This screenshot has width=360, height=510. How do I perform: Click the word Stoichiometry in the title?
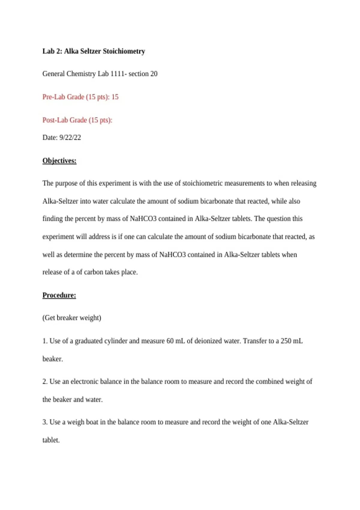(x=124, y=51)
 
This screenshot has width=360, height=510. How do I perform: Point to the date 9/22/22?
(x=70, y=137)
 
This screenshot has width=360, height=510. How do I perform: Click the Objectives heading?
(x=59, y=161)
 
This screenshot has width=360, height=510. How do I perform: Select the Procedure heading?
(x=59, y=295)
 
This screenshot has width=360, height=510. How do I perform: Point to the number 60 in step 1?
(x=170, y=341)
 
